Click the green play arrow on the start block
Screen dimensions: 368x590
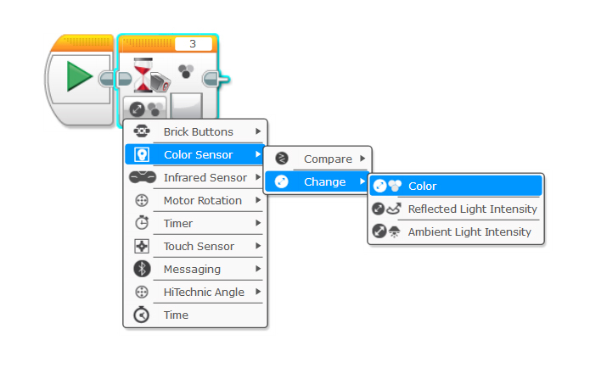(79, 80)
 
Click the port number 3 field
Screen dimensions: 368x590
(193, 44)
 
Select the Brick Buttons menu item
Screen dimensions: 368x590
(198, 132)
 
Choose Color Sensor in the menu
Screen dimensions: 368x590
(198, 155)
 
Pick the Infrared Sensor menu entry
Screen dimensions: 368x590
(205, 178)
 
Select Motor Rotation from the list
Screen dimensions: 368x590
(202, 201)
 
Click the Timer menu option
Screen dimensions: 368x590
(178, 224)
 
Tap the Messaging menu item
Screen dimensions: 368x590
(192, 270)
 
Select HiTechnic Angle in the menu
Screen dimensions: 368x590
(204, 293)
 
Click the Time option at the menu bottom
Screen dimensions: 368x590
(177, 315)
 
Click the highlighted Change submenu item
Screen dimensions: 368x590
(324, 181)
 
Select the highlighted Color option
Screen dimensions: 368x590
(422, 186)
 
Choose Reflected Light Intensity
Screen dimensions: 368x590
(472, 209)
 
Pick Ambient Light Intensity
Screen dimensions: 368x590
(469, 231)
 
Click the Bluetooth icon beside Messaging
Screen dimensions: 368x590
(142, 270)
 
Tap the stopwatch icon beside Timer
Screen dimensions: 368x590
(142, 224)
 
